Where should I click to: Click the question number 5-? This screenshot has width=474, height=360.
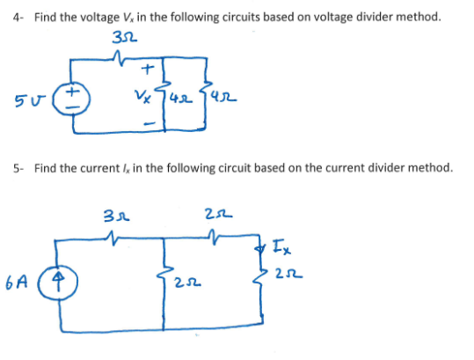(18, 167)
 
